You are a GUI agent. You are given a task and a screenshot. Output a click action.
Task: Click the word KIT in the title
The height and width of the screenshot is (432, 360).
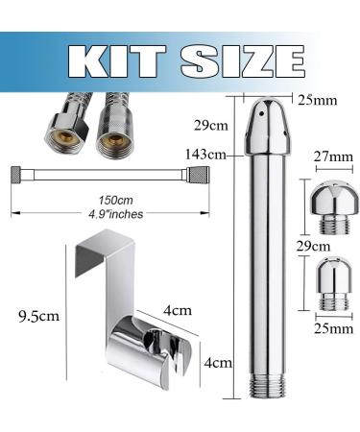(x=116, y=61)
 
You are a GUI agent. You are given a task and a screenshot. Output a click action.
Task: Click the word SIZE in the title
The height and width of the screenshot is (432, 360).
(x=242, y=61)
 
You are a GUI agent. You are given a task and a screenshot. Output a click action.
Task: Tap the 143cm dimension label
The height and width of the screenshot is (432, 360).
(x=204, y=155)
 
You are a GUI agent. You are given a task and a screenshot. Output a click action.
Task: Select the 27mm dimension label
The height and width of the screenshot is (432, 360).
(x=334, y=156)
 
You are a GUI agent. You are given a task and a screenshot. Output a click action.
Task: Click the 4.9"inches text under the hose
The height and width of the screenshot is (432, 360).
(x=115, y=214)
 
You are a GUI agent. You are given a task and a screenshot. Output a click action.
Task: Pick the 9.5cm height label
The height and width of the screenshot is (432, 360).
(x=39, y=316)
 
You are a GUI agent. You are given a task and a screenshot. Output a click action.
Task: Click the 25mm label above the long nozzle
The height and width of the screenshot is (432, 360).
(x=318, y=100)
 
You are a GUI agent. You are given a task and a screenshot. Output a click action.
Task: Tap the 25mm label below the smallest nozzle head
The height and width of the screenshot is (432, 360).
(x=333, y=328)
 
